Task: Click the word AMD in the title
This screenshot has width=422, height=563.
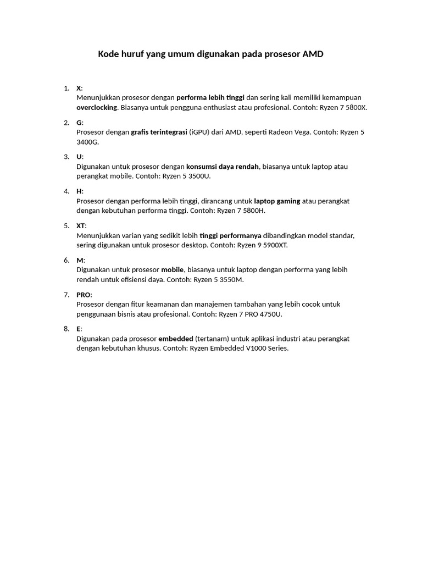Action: [x=313, y=54]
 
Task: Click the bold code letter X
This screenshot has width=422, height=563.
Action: [x=79, y=88]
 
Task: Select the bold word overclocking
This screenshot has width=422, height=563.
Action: [x=97, y=107]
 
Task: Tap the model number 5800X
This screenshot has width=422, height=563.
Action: [x=354, y=107]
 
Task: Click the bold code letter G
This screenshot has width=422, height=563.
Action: [x=79, y=123]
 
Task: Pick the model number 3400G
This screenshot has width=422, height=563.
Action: [x=87, y=142]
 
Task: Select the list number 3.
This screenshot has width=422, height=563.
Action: [x=66, y=157]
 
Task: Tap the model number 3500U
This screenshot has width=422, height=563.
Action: [x=198, y=176]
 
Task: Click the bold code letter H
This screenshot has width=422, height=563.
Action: [x=79, y=191]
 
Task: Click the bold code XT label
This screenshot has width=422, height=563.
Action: [x=81, y=225]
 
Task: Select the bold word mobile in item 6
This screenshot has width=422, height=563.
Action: [x=172, y=269]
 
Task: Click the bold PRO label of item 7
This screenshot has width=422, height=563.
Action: [x=84, y=295]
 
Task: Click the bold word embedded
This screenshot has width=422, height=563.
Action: [x=175, y=339]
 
